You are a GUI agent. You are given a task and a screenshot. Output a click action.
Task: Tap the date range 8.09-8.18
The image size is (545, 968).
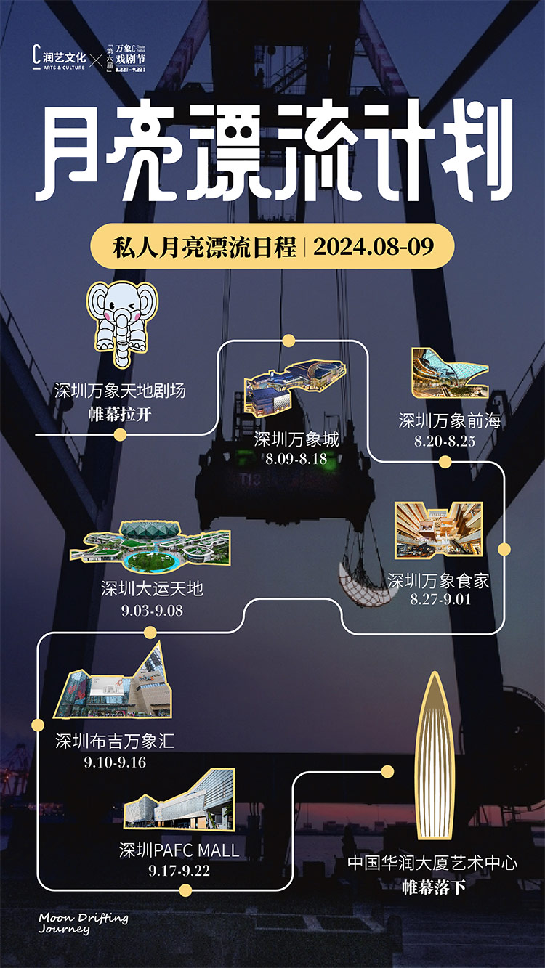296,459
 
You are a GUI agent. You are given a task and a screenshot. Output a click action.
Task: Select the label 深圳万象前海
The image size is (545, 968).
449,420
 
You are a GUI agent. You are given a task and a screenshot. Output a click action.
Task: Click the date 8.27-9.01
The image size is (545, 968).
440,600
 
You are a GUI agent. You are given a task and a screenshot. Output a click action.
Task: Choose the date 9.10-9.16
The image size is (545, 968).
115,762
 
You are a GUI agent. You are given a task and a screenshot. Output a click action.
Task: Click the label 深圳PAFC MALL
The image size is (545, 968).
179,850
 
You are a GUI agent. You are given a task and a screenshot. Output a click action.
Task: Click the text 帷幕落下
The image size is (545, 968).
434,887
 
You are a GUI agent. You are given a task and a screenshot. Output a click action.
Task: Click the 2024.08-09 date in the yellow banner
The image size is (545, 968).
374,247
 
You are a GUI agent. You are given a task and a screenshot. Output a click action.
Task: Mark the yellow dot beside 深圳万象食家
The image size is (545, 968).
504,549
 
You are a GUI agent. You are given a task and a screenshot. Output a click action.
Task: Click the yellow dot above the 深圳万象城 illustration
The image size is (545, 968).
288,340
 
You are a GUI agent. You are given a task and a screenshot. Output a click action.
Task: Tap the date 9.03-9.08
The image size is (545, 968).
152,611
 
